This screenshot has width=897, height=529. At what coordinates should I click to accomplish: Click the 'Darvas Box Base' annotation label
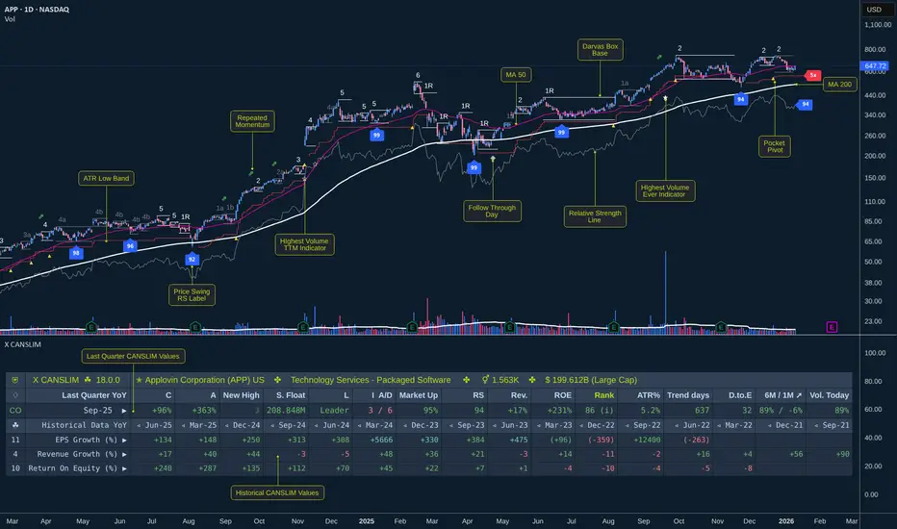600,50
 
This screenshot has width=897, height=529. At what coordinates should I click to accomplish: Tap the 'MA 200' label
839,85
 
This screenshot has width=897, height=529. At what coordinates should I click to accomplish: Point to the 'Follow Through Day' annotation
493,212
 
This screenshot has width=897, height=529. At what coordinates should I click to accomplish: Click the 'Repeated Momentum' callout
251,121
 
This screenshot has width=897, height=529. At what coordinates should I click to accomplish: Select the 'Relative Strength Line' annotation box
595,216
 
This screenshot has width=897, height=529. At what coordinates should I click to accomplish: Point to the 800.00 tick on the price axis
875,49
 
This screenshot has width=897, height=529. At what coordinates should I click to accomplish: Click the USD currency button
874,10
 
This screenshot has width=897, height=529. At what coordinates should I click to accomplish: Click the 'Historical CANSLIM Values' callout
279,492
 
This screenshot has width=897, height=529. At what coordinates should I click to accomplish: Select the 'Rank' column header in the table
603,395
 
